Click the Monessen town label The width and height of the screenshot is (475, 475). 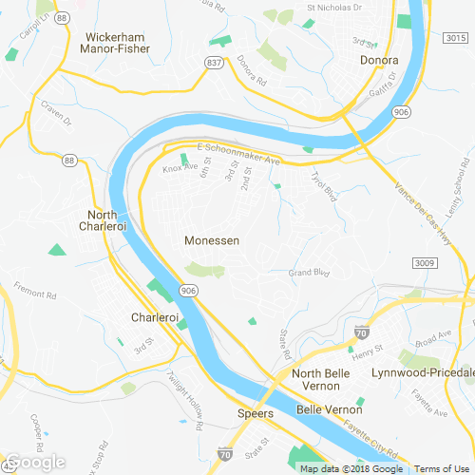click(x=212, y=241)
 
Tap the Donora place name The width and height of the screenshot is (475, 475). click(x=378, y=62)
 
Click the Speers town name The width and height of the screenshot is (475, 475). click(x=255, y=414)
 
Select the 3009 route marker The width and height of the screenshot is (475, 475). click(x=424, y=261)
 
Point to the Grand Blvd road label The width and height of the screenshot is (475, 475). click(x=308, y=274)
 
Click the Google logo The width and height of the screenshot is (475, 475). click(x=35, y=462)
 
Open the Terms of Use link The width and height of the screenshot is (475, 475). click(x=444, y=468)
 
